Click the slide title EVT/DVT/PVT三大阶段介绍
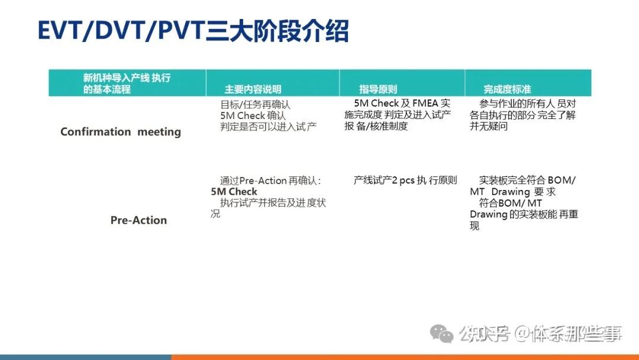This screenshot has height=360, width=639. click(193, 31)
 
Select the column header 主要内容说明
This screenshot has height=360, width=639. click(253, 89)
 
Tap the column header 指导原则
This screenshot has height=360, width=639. click(378, 89)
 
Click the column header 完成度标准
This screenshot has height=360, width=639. click(507, 89)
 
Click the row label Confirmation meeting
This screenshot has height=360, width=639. click(121, 131)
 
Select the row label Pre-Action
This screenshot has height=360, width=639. click(138, 220)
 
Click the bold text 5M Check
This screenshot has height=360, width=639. click(234, 191)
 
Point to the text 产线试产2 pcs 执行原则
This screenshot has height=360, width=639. click(405, 180)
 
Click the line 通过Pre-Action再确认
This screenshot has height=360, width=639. click(270, 181)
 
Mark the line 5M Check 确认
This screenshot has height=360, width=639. click(253, 115)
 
